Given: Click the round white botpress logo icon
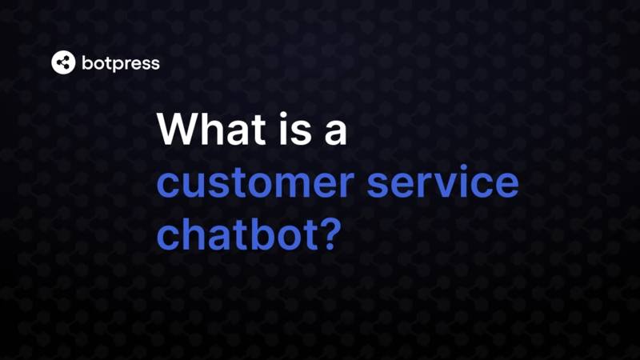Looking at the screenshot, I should pyautogui.click(x=63, y=62).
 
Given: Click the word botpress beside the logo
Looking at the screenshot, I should pyautogui.click(x=120, y=63).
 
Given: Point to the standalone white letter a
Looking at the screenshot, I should pyautogui.click(x=335, y=133).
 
